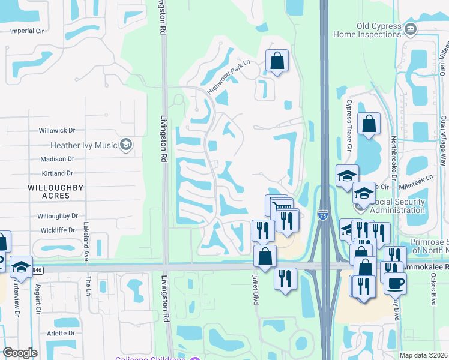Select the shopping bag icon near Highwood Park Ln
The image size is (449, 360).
[x=277, y=61]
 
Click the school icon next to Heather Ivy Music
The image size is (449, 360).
[x=126, y=144]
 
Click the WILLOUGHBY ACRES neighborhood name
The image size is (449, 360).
[x=55, y=191]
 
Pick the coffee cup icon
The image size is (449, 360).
[x=395, y=283]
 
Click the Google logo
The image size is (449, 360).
[x=20, y=353]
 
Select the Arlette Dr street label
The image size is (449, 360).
[x=61, y=333]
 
